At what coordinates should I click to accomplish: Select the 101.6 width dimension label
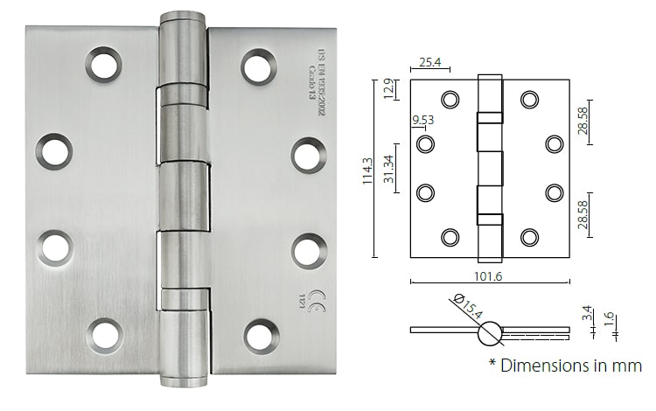(489, 277)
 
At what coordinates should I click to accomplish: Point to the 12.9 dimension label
(390, 88)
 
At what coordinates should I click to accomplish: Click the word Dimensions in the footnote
(541, 365)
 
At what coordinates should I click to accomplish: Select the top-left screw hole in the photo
(104, 66)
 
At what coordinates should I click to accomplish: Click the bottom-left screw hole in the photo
(106, 335)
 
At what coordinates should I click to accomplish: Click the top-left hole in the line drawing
(450, 100)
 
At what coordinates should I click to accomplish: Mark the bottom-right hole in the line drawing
(529, 235)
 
